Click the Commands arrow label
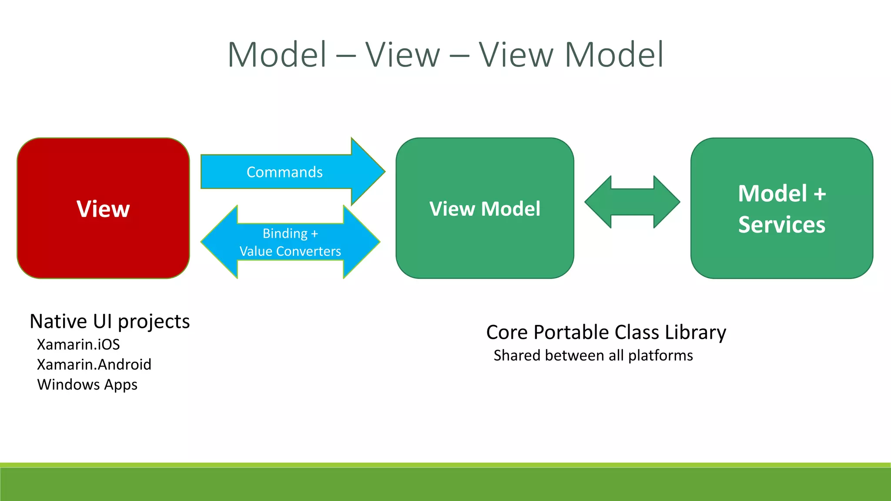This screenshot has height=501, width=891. [x=285, y=172]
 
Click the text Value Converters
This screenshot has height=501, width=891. [x=290, y=251]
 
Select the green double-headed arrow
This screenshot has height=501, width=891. [x=632, y=202]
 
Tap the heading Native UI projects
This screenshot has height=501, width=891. [x=110, y=322]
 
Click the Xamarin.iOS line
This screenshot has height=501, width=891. [x=78, y=344]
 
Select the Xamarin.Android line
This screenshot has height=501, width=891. [x=94, y=364]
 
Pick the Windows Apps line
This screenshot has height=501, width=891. [x=87, y=385]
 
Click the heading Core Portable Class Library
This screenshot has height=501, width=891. [x=606, y=333]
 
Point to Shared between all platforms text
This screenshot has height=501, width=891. [x=593, y=356]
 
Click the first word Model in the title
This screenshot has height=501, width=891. [x=277, y=55]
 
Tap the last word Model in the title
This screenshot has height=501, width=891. [x=614, y=55]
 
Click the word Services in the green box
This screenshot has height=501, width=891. [x=781, y=225]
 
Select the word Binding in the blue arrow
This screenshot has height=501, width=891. [x=285, y=234]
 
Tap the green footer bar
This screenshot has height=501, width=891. [x=445, y=484]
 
